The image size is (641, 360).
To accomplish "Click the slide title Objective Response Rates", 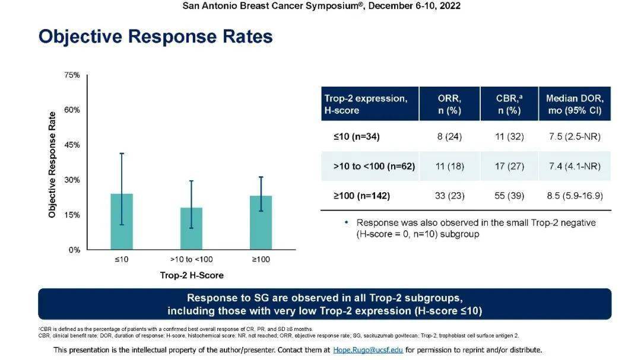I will [156, 37].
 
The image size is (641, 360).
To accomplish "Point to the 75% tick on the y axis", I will [72, 75].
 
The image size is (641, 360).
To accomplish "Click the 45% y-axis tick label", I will [72, 145].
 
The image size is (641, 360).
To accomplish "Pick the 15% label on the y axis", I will [72, 215].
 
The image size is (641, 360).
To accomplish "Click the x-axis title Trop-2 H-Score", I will [192, 275].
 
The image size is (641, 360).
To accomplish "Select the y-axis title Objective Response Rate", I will [52, 164].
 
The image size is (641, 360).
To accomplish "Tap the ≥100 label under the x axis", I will [261, 259].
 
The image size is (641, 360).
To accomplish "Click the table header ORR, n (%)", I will [449, 104].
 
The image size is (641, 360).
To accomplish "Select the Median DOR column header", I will [575, 104].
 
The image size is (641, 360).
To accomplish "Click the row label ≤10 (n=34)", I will [356, 137].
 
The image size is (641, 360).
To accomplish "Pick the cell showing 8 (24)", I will [449, 137].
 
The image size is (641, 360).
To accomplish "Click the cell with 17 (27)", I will [509, 167].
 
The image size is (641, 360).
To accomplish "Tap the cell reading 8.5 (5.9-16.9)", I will [575, 196].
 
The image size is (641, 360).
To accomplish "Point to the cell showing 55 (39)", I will [509, 196].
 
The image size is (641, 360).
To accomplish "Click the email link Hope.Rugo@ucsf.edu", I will [368, 350].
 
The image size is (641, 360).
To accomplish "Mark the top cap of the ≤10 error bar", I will [121, 154].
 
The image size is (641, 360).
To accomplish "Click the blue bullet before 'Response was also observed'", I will [347, 222].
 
